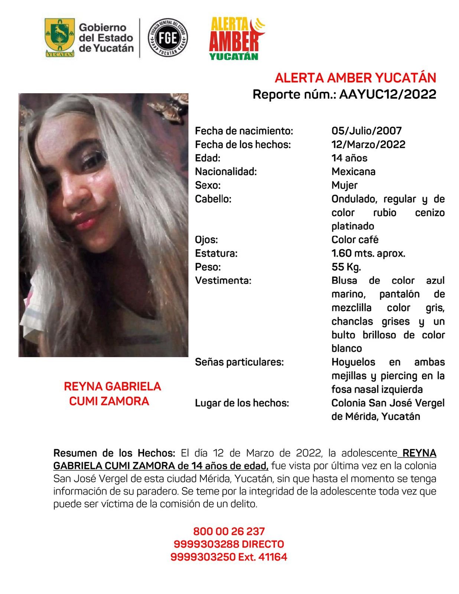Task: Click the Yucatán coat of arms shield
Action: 59,37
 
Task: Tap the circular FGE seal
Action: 167,37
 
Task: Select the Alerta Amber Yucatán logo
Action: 236,39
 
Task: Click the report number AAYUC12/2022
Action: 387,94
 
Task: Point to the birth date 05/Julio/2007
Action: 367,131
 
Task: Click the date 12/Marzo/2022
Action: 368,144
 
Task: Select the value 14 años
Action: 349,158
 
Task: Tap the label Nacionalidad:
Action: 226,172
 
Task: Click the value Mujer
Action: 344,185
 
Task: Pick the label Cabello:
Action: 213,199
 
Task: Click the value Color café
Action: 355,240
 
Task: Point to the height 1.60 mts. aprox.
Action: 368,254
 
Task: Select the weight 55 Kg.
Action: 346,267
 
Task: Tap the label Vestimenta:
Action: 223,281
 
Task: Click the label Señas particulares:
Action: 239,362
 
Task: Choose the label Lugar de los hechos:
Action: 242,403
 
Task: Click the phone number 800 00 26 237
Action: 229,531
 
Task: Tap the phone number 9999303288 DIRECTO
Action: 229,544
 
